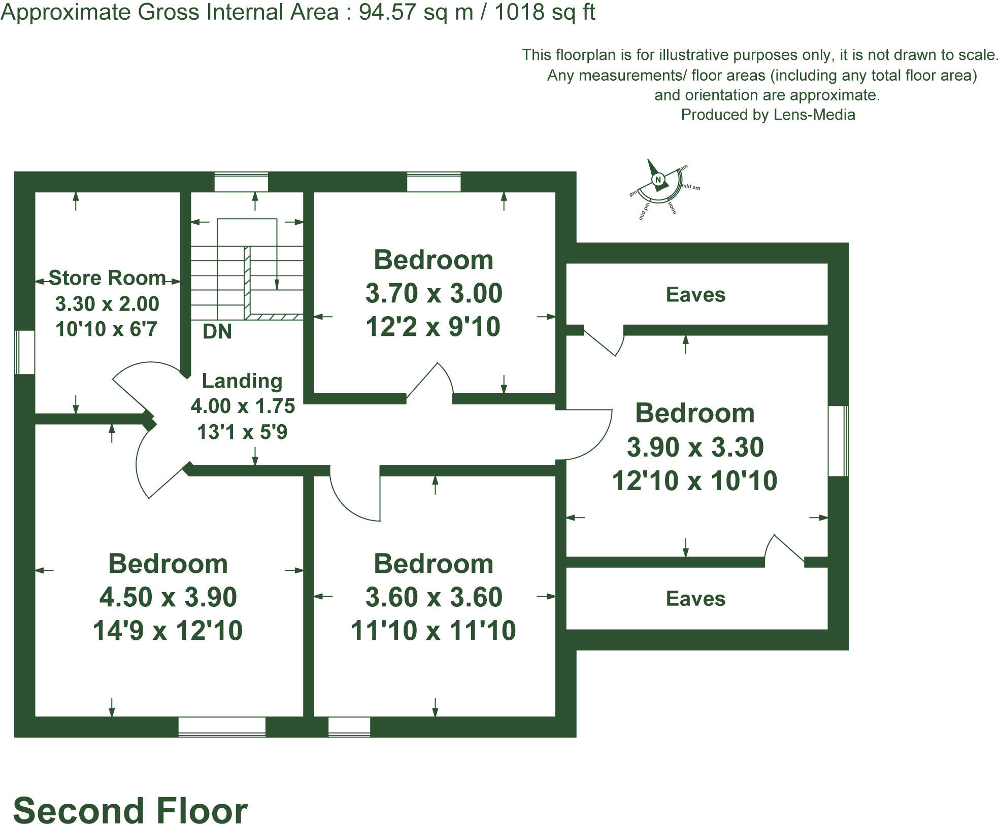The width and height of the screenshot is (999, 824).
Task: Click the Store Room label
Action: coord(107,278)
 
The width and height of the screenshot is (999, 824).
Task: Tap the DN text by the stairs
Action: coord(217,332)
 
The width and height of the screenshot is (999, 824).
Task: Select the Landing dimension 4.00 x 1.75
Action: coord(243,406)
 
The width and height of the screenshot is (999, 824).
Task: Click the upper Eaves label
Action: coord(695,295)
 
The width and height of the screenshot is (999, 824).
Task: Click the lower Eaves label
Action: coord(695,599)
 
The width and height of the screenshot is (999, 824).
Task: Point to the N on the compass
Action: coord(658,180)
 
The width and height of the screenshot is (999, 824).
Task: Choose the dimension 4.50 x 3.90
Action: coord(168,597)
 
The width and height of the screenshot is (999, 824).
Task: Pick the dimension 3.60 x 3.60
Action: coord(434,597)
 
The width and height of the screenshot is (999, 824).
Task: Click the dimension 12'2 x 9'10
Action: coord(433,327)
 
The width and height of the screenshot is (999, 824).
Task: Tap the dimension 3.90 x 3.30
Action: coord(695,448)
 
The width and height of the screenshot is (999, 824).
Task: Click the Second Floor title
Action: coord(130,809)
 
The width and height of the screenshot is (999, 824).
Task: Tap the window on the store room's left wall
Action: coord(24,352)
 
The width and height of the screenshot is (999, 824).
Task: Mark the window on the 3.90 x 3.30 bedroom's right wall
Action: coord(838,440)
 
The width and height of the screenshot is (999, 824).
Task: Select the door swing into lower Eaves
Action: coord(783,548)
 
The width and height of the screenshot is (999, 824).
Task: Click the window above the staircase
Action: coord(241,182)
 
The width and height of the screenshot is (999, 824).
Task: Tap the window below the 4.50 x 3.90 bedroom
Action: coord(222,727)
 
